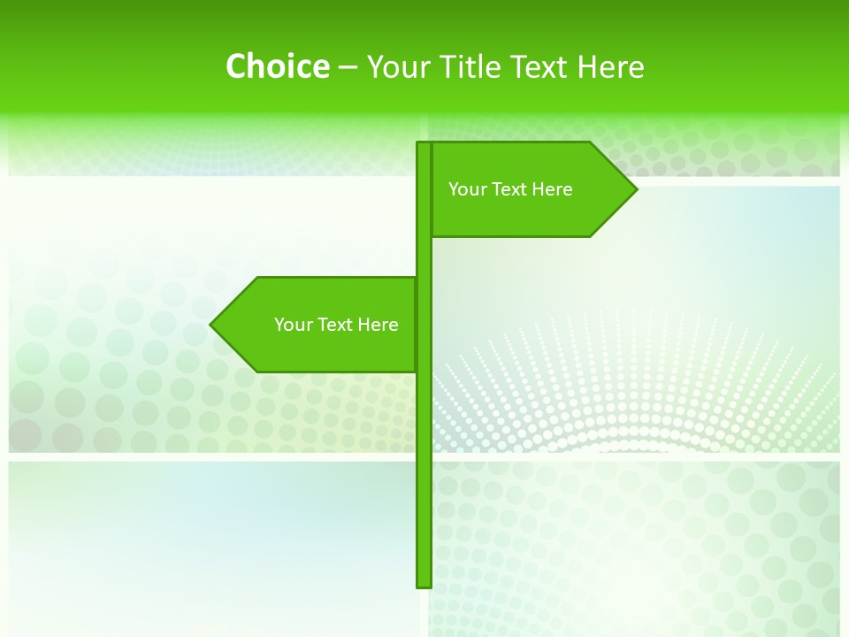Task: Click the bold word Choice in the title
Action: coord(277,66)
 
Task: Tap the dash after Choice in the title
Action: coord(348,67)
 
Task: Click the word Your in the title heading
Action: coord(394,66)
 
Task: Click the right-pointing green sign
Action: coord(531,189)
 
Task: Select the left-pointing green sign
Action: coord(318,325)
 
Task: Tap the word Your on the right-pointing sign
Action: coord(467,189)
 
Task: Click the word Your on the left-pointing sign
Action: coord(293,325)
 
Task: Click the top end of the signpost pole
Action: coord(424,145)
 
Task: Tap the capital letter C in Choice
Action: coord(236,66)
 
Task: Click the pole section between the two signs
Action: coord(424,257)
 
